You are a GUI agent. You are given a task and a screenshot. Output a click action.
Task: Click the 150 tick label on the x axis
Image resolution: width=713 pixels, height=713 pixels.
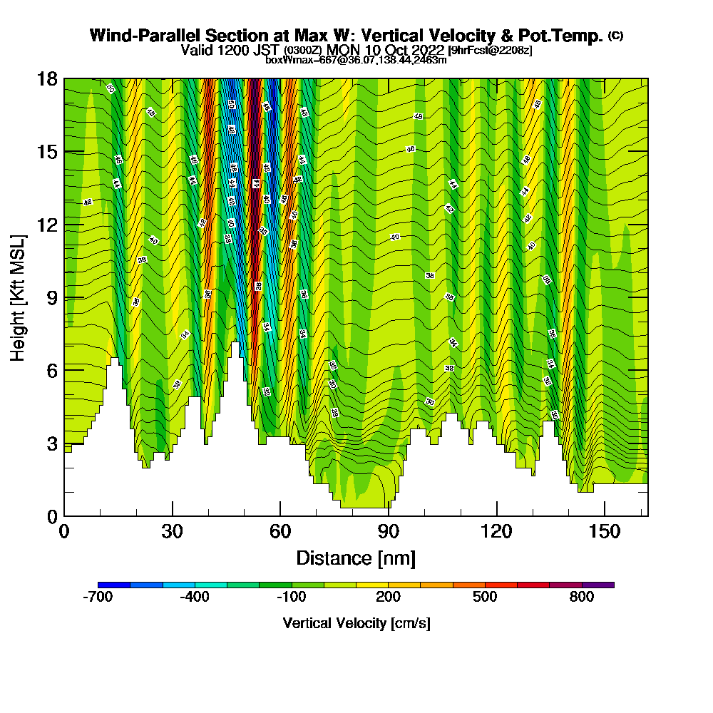pos(605,531)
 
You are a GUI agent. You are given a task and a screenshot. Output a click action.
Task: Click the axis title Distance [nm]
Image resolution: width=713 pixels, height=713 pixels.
pos(356,558)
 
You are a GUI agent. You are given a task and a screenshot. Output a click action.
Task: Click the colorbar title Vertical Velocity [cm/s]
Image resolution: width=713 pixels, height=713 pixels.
pos(356,623)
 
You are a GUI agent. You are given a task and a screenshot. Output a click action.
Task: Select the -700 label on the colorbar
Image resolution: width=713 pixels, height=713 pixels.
pos(98,597)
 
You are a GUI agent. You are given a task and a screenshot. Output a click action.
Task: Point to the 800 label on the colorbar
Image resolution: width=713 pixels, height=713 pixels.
pos(582,597)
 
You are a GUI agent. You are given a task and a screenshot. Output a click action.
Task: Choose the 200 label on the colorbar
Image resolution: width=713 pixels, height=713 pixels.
pos(389,597)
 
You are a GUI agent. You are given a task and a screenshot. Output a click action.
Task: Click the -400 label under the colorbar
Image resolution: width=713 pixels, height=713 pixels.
pos(195,597)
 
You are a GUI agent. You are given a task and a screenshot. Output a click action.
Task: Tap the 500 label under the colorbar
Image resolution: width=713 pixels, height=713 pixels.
pos(485,597)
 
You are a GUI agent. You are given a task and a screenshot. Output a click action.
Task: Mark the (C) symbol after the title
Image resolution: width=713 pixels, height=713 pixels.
pos(615,36)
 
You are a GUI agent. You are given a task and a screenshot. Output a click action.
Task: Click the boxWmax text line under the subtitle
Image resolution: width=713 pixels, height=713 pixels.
pos(356,60)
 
